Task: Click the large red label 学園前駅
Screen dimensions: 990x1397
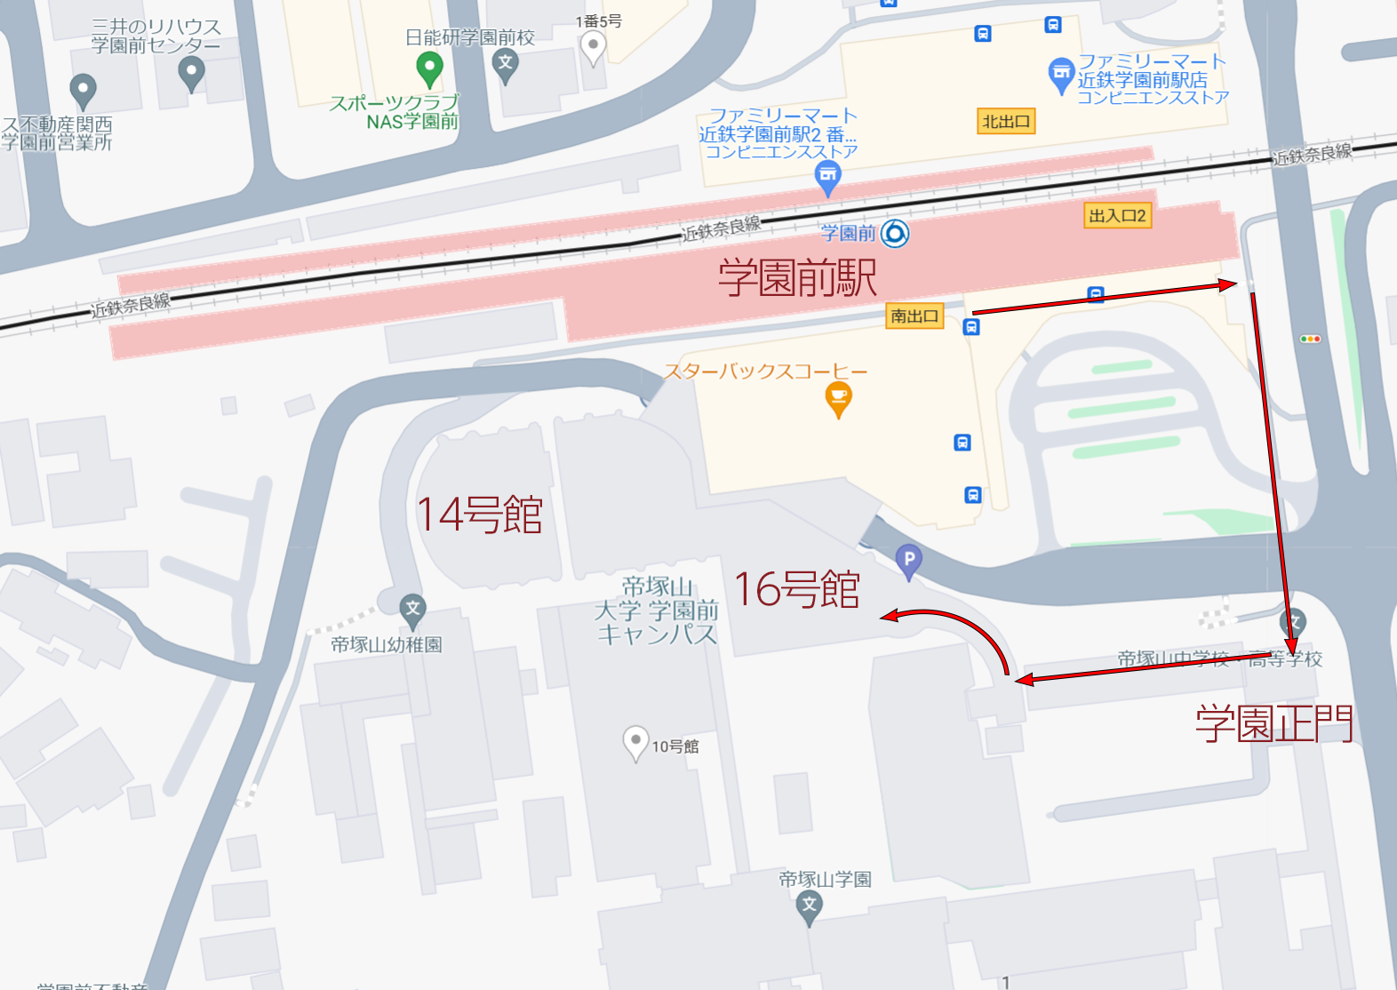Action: pyautogui.click(x=797, y=277)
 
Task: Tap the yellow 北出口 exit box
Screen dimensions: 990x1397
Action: pyautogui.click(x=1006, y=122)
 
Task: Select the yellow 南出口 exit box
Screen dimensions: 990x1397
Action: pyautogui.click(x=914, y=315)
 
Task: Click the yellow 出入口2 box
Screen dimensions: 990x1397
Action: pyautogui.click(x=1117, y=216)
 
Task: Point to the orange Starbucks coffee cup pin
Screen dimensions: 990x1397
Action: pyautogui.click(x=838, y=397)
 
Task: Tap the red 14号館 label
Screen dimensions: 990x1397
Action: pyautogui.click(x=480, y=515)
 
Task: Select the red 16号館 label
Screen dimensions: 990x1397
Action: pyautogui.click(x=797, y=589)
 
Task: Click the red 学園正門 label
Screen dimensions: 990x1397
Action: pyautogui.click(x=1273, y=723)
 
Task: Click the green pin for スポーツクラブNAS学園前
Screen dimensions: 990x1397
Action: pyautogui.click(x=429, y=68)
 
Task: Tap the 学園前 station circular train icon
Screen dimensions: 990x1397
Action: pyautogui.click(x=894, y=234)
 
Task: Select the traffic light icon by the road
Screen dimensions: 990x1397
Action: pyautogui.click(x=1310, y=339)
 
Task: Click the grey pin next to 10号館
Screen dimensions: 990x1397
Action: pyautogui.click(x=635, y=742)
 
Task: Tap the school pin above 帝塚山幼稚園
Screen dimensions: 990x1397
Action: pyautogui.click(x=412, y=610)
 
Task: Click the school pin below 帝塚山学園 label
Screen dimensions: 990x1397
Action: pyautogui.click(x=809, y=906)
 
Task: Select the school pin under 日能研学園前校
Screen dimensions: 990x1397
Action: pyautogui.click(x=506, y=64)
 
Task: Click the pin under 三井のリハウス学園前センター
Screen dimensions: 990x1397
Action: pyautogui.click(x=191, y=72)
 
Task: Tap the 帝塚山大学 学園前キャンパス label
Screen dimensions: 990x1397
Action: pyautogui.click(x=657, y=611)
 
